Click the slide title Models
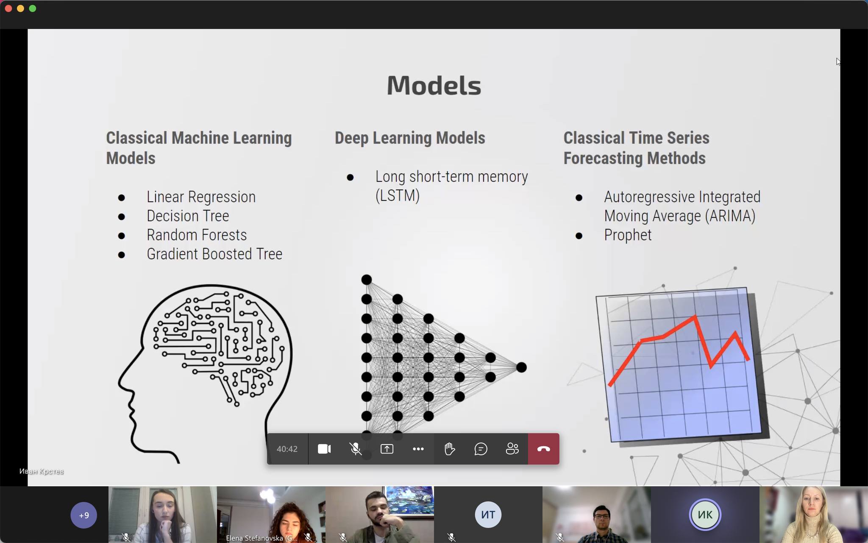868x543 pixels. click(434, 85)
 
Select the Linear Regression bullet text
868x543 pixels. click(201, 197)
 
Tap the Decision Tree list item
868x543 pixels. click(188, 216)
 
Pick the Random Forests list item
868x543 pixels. click(197, 235)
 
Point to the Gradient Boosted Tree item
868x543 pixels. click(214, 254)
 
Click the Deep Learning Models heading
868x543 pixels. click(410, 138)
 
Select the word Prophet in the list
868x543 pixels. click(628, 235)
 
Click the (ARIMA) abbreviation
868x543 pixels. click(730, 216)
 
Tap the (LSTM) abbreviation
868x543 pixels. click(398, 196)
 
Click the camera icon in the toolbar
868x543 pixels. click(324, 449)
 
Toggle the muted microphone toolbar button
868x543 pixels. click(356, 449)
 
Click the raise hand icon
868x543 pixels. click(450, 449)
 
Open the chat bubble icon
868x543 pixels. click(481, 449)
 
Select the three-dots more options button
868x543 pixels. click(418, 449)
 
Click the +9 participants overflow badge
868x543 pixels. click(84, 515)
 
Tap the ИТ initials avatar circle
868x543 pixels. click(488, 515)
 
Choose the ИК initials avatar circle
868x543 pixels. click(705, 515)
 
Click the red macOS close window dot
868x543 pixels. click(8, 8)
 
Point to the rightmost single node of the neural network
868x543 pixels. click(521, 367)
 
